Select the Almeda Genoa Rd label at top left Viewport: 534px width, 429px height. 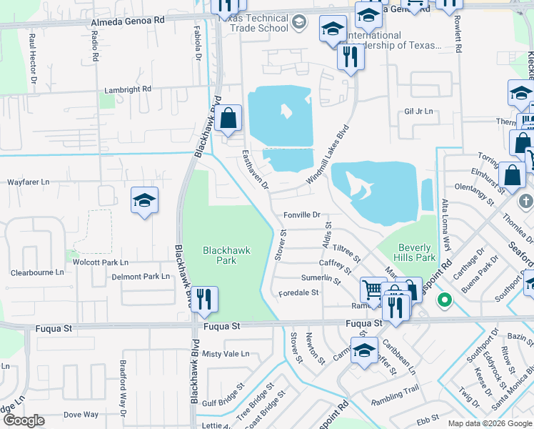[128, 21]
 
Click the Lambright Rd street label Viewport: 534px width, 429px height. [128, 89]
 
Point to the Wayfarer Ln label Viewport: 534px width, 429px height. [28, 182]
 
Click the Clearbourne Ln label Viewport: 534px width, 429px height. [37, 272]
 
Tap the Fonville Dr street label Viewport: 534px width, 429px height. [303, 214]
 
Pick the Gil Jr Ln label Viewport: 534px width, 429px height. [419, 112]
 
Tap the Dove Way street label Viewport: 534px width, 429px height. [81, 415]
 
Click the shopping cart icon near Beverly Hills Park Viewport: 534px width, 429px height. [373, 290]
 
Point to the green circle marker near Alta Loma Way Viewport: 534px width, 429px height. [445, 300]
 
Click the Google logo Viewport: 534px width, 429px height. [24, 420]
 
